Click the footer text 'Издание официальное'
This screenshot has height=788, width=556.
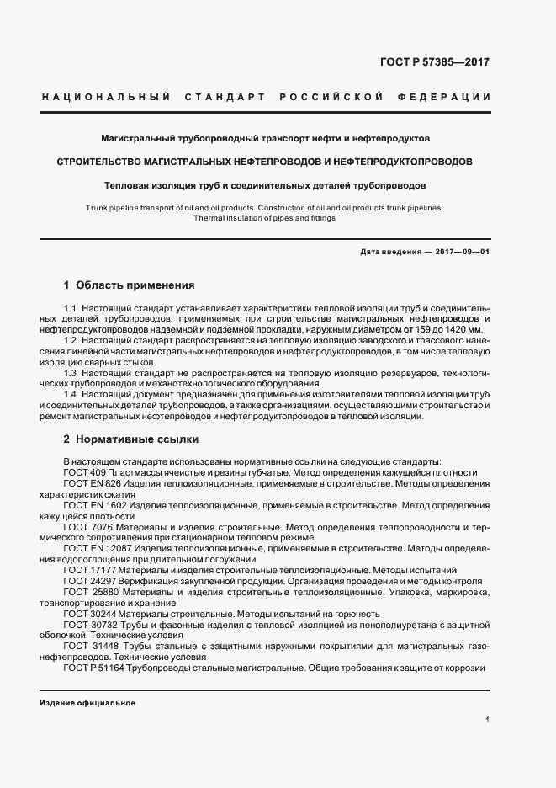(87, 703)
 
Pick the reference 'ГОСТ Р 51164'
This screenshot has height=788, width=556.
(93, 668)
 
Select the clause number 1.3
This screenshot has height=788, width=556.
(71, 372)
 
